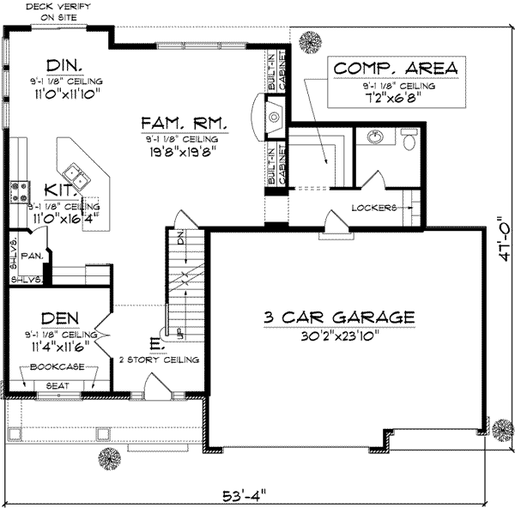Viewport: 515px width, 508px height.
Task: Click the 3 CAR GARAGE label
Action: click(339, 317)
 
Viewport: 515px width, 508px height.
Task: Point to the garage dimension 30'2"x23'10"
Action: click(340, 336)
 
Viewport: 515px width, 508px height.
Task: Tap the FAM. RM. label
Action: click(185, 124)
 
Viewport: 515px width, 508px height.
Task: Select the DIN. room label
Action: click(64, 65)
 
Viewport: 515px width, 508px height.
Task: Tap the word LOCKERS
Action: click(373, 208)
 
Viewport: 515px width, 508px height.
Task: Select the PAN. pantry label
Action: click(32, 255)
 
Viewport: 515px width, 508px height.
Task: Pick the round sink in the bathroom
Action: click(374, 136)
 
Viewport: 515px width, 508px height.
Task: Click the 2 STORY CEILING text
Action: click(159, 360)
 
